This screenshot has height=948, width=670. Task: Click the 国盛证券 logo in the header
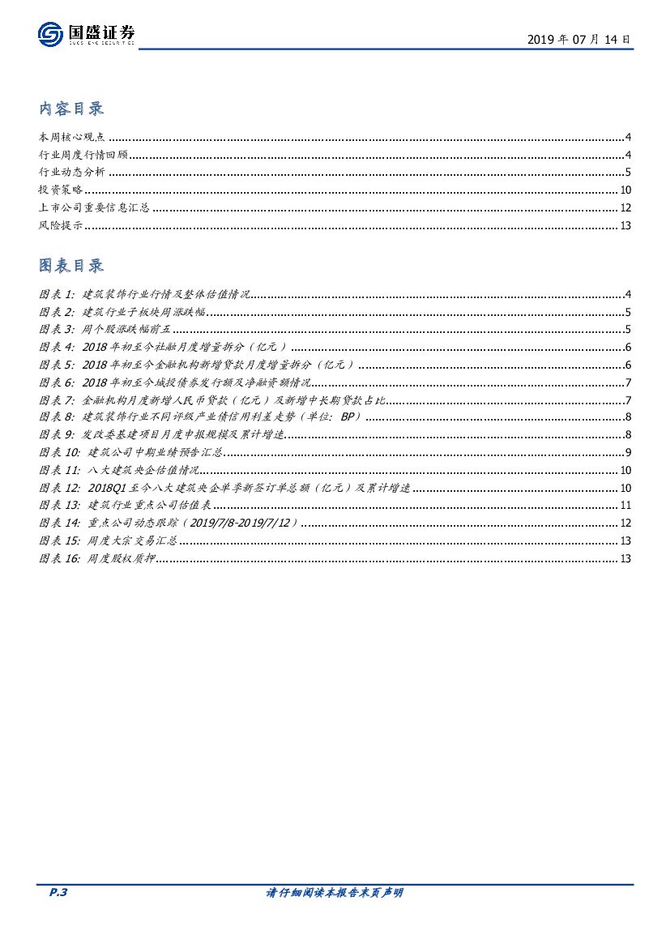click(86, 34)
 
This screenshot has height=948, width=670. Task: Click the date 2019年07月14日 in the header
click(578, 39)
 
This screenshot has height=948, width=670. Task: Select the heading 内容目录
click(71, 109)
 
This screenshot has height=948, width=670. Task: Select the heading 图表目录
click(71, 266)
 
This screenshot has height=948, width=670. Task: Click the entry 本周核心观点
click(71, 137)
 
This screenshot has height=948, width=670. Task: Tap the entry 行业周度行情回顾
click(83, 155)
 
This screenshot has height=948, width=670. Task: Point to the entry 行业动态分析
click(71, 172)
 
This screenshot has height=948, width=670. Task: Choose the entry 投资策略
click(61, 190)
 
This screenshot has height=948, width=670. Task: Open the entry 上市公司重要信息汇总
click(94, 207)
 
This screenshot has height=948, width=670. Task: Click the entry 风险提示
click(61, 225)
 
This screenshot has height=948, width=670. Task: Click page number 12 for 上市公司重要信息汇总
click(625, 207)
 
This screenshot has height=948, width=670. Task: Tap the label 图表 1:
click(56, 294)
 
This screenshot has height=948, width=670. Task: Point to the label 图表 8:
click(56, 417)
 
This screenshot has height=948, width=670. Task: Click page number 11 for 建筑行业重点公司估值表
click(625, 505)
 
